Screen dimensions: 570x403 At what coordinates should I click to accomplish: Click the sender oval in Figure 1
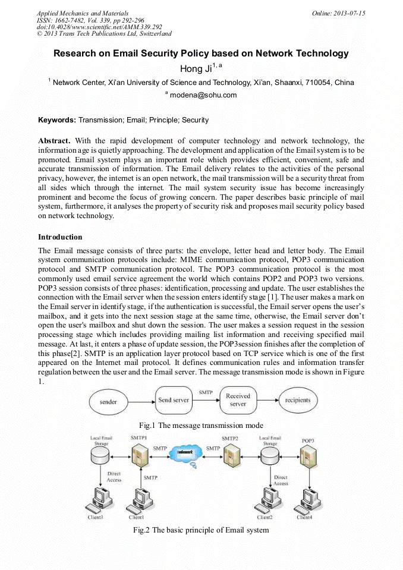[x=109, y=401]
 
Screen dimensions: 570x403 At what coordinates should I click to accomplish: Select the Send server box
[x=174, y=400]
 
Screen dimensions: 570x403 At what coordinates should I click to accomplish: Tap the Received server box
[x=238, y=400]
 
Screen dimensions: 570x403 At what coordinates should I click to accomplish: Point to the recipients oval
[x=298, y=401]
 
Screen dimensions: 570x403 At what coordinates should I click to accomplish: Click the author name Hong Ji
[x=191, y=69]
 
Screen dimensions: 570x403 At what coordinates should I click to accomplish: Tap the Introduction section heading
[x=60, y=237]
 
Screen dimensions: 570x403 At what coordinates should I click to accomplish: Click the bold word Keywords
[x=57, y=120]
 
